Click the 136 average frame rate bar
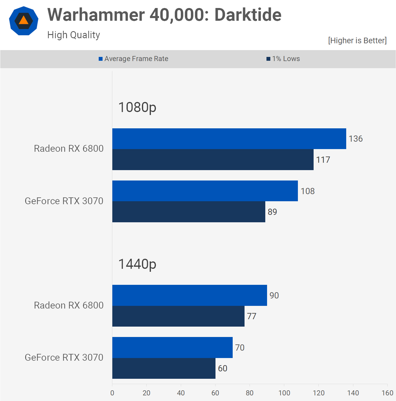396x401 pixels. [229, 139]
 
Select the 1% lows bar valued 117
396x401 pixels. [213, 160]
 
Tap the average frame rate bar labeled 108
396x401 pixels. [205, 191]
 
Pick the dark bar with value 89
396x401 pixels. [189, 212]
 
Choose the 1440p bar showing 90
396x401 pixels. [190, 295]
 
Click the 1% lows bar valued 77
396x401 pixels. [178, 316]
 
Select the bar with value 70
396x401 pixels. [173, 347]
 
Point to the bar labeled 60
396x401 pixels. [164, 368]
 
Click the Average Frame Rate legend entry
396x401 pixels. [134, 59]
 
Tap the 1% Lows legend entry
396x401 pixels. [283, 59]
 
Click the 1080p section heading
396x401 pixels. [137, 107]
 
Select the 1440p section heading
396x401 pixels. [137, 264]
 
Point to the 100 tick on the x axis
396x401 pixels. [284, 393]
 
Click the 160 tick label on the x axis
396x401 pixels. [387, 393]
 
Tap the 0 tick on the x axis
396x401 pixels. [112, 393]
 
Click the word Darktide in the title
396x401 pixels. [248, 15]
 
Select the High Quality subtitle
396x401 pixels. [74, 35]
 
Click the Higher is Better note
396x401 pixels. [357, 41]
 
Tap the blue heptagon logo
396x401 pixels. [24, 21]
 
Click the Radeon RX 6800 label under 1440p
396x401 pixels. [69, 305]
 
